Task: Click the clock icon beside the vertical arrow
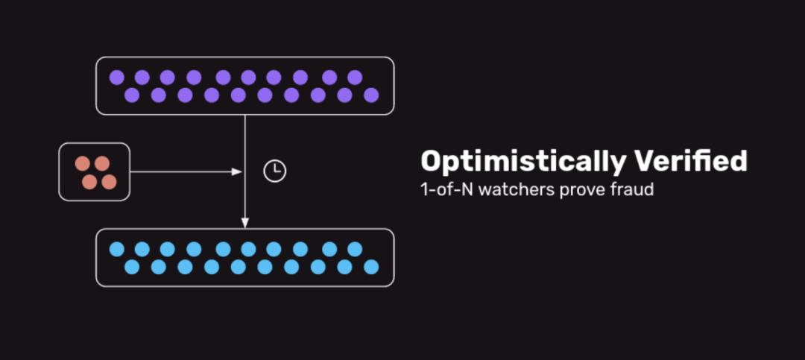[x=275, y=171]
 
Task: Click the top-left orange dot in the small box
[x=83, y=163]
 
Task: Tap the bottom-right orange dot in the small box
[x=109, y=182]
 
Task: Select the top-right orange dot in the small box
[x=102, y=163]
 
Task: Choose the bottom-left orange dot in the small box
[x=89, y=182]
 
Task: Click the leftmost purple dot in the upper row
[x=116, y=77]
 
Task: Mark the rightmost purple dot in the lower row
[x=371, y=95]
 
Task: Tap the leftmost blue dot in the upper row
[x=116, y=249]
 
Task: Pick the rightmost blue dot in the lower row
[x=371, y=267]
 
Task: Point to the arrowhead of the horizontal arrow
[x=237, y=172]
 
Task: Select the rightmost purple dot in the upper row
[x=355, y=77]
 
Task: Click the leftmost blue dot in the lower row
[x=132, y=267]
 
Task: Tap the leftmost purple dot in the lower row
[x=132, y=95]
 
